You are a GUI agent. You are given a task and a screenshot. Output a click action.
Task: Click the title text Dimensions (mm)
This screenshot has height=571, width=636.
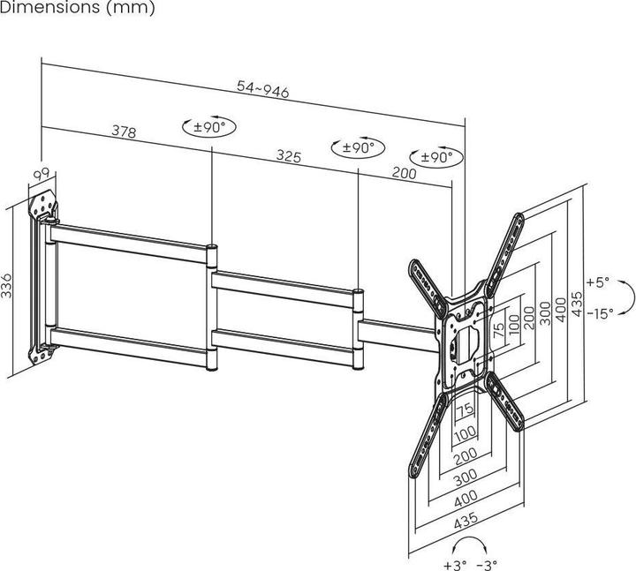pos(78,8)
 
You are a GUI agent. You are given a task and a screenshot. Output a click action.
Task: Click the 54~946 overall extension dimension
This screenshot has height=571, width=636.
pos(263,89)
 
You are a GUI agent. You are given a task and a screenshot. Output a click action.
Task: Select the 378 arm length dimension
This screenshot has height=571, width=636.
pos(124,131)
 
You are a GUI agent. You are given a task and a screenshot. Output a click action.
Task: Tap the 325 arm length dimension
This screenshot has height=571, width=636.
pos(289,156)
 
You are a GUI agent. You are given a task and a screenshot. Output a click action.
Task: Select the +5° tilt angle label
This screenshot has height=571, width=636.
pos(598,283)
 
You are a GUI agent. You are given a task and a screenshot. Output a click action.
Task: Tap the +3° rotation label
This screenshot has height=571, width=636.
pos(455,563)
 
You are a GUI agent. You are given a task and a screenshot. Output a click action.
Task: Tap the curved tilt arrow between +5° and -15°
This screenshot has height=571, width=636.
pos(625,297)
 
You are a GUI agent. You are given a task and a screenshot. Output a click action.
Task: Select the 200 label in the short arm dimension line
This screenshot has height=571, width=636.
pos(403,173)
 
